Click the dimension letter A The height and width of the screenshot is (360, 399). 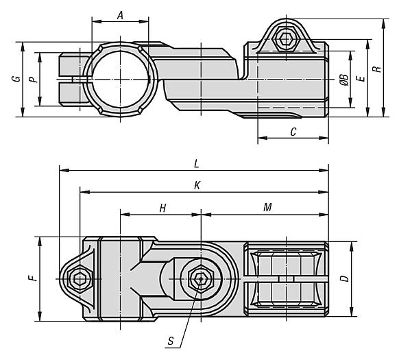120,16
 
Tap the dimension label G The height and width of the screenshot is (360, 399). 16,79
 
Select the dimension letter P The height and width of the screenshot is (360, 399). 33,80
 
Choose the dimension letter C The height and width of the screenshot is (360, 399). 293,132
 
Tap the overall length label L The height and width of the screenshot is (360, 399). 196,164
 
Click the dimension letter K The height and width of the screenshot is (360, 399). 197,186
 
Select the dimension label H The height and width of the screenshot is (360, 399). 162,208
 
